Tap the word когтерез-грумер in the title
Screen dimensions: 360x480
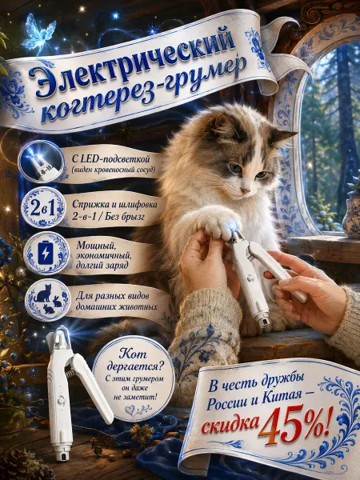(143, 92)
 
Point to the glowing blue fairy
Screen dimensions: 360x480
(39, 33)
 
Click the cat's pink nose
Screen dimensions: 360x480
(246, 190)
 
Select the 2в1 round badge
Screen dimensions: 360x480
(43, 207)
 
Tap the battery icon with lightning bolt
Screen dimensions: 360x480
(46, 253)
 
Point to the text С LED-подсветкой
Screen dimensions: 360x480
(111, 159)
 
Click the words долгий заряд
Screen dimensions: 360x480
(102, 265)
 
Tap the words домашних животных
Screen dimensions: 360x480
(116, 306)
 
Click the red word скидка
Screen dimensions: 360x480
(230, 424)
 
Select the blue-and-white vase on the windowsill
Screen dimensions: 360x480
(352, 217)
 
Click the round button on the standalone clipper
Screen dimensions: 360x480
(62, 401)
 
